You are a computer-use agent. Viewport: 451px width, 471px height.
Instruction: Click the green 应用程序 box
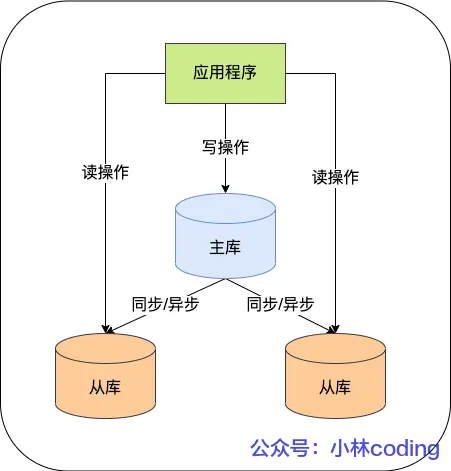click(225, 73)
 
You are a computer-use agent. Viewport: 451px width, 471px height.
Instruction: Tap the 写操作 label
click(225, 147)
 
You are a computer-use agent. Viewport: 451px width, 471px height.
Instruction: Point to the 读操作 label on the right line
click(335, 177)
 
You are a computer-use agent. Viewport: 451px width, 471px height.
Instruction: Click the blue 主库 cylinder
click(225, 245)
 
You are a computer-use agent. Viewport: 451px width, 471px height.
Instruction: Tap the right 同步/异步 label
click(281, 304)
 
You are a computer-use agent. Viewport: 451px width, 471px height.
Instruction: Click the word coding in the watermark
click(403, 447)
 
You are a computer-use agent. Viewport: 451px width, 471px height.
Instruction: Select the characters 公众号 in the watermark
click(275, 447)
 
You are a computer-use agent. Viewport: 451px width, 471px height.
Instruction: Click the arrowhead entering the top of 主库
click(225, 189)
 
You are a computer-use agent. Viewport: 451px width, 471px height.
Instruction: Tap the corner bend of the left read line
click(105, 73)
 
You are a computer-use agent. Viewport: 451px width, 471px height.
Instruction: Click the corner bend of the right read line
click(335, 73)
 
